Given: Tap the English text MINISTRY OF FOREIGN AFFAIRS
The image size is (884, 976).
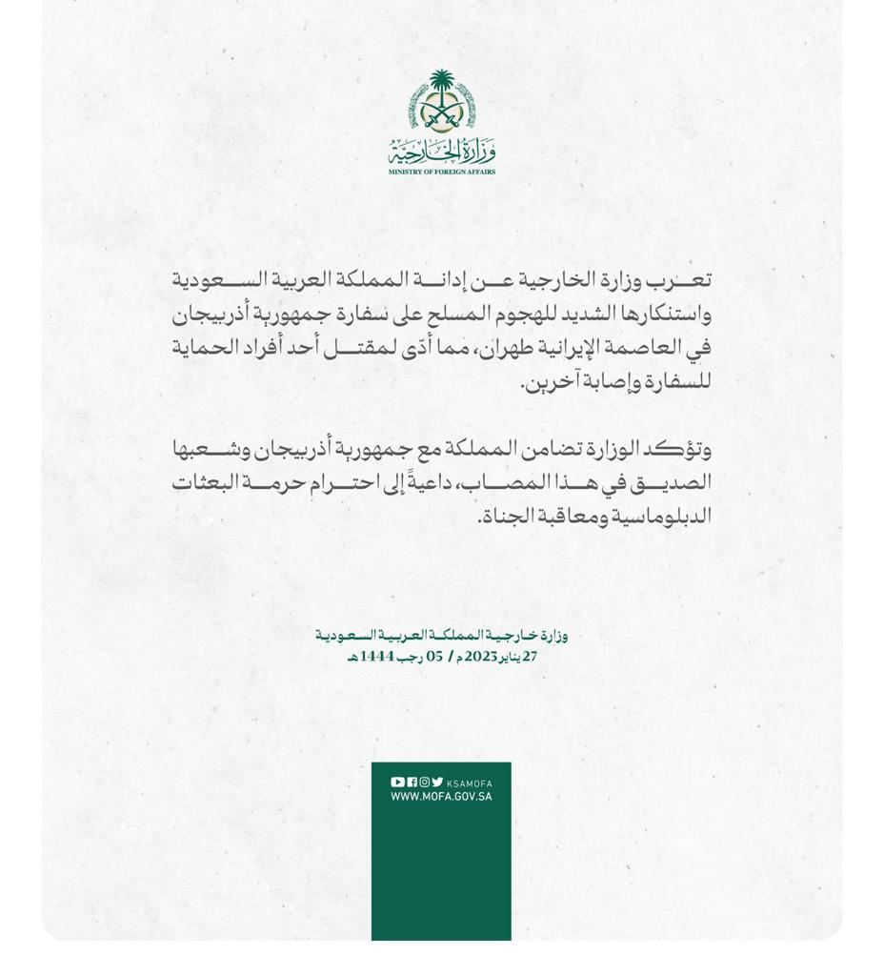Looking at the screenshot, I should pos(442,172).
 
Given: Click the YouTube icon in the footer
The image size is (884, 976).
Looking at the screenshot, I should pos(397,783).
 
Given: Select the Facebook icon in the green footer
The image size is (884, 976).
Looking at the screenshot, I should pos(412,783).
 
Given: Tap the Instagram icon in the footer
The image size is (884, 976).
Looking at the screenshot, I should pos(425,783).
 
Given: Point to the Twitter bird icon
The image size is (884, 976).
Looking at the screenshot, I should pos(437,783).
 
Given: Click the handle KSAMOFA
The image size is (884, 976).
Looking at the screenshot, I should pos(470,783).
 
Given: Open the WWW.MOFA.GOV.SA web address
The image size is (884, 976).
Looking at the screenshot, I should pos(441,797).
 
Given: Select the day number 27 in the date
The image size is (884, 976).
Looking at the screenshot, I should pos(530,657).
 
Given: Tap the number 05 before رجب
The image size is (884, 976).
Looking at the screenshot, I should pos(434,657).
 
